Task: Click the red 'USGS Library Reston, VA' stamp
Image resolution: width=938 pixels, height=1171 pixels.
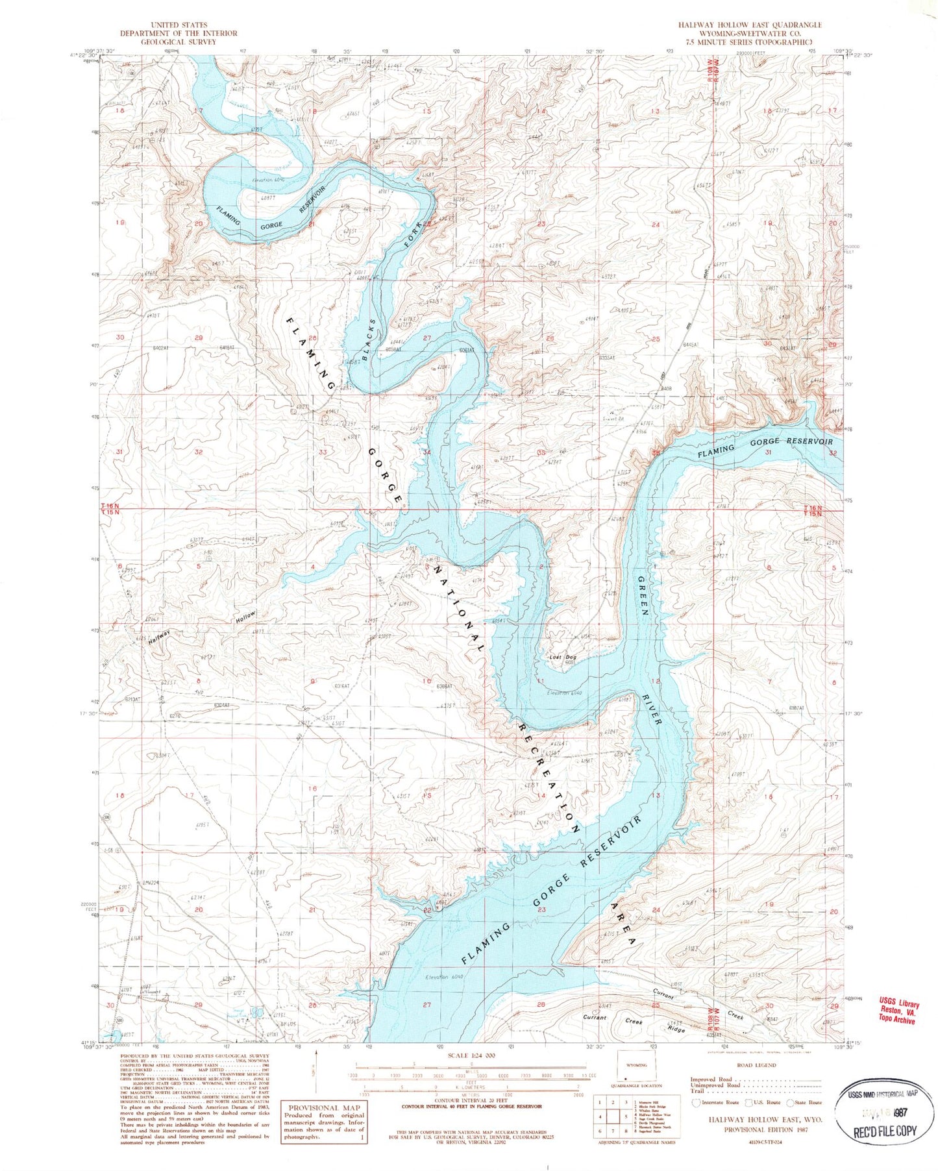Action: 898,1010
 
